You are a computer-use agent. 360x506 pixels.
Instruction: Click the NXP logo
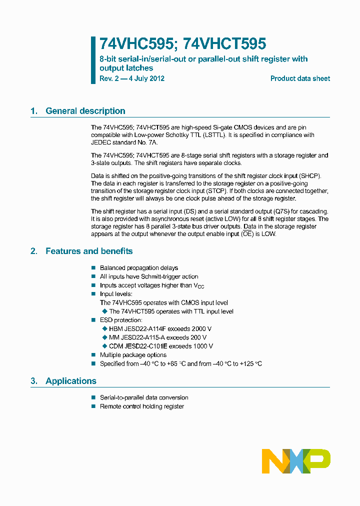296,461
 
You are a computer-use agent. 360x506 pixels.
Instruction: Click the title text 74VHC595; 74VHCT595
182,44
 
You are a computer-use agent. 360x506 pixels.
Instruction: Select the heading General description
85,111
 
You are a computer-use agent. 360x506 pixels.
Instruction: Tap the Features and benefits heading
89,251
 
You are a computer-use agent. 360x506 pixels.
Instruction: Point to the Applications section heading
70,381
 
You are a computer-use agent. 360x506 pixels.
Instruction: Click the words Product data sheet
300,78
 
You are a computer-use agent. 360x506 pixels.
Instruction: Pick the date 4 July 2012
145,78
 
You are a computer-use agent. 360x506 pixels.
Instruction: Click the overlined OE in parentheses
247,234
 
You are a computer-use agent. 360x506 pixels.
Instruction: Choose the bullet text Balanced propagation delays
138,268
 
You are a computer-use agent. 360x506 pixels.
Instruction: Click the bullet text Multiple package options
133,355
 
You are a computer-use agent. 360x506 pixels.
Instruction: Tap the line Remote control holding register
141,406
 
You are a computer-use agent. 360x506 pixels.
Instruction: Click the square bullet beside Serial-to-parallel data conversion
93,397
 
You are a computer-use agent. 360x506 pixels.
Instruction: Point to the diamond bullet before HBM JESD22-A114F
104,328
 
